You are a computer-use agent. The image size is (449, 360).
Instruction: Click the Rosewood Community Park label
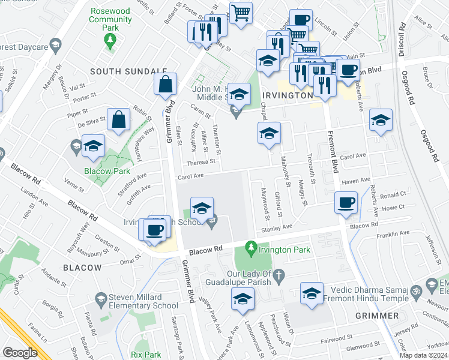(x=110, y=19)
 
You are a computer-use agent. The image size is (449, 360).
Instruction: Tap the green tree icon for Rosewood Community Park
(x=110, y=40)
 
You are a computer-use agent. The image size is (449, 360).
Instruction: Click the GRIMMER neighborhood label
(x=376, y=315)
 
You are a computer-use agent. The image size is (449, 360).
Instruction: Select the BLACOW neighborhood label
(x=82, y=267)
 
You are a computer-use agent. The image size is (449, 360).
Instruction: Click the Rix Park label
(x=146, y=355)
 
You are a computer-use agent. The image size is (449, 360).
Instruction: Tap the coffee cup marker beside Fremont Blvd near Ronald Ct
(x=346, y=203)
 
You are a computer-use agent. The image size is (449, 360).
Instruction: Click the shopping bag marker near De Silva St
(x=119, y=119)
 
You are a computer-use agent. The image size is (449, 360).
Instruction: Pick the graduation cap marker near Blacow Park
(x=94, y=146)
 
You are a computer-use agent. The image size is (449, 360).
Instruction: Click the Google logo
(x=20, y=352)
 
